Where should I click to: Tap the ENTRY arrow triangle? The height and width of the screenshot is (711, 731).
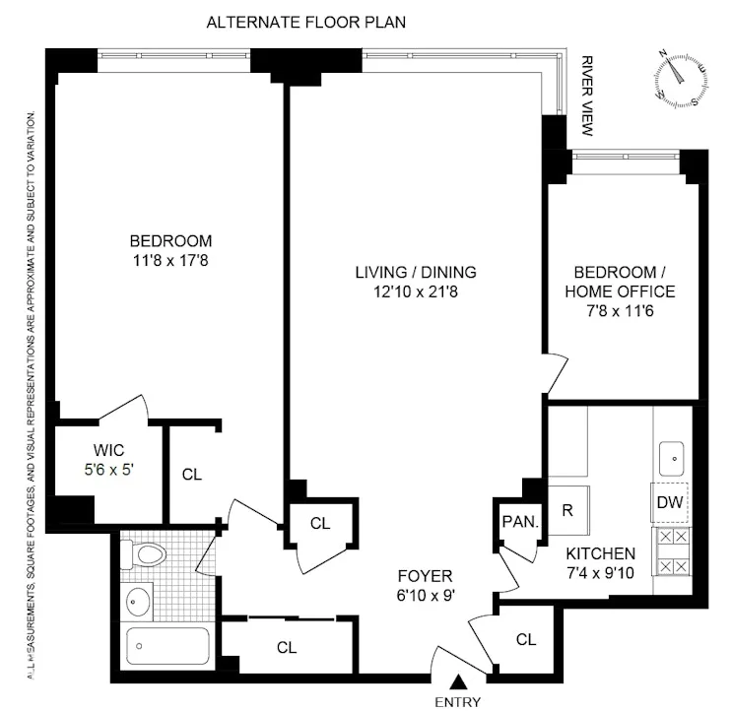460,681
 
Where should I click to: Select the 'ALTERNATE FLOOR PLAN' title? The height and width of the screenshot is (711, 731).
305,22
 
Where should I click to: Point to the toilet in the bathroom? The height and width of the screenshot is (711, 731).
147,555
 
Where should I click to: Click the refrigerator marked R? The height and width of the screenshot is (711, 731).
567,512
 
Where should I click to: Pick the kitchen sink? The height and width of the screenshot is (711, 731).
672,456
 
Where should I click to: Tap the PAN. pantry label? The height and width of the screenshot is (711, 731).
519,522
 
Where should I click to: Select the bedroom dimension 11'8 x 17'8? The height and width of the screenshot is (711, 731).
170,260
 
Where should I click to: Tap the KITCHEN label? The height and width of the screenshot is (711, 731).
600,553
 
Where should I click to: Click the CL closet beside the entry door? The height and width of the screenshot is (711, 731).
526,640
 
